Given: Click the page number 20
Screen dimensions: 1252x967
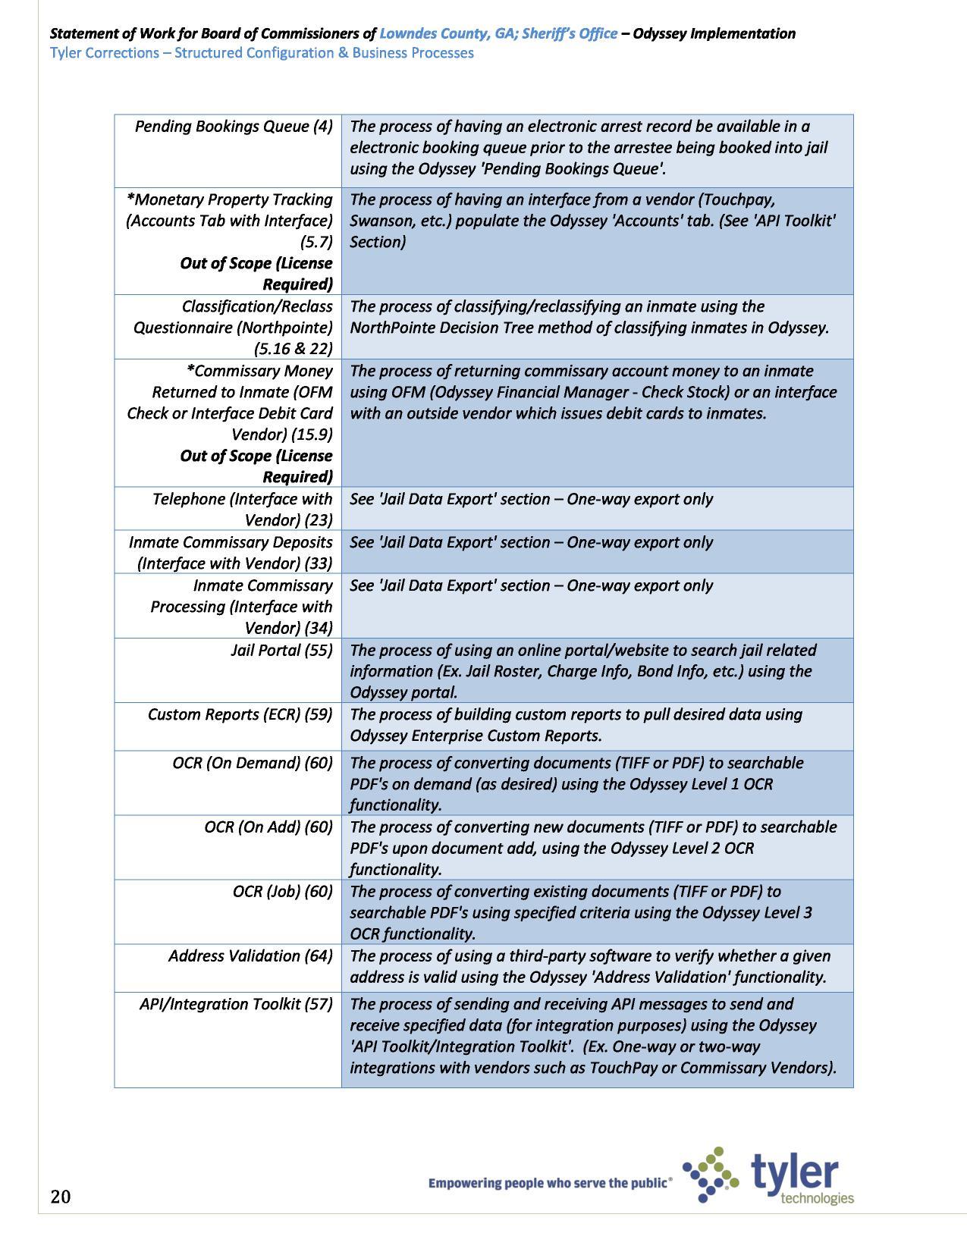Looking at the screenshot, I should point(61,1197).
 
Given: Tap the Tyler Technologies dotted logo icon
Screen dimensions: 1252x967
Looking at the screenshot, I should point(710,1175).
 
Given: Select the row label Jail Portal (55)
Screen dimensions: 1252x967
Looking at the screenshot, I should point(281,650).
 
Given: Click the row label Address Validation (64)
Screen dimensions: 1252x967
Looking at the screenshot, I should point(250,955).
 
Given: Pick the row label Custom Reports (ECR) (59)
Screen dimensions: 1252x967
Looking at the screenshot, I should point(240,714).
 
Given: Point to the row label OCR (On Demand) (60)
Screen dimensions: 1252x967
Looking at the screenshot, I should point(253,763).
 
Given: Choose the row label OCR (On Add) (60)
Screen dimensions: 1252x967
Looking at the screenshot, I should point(268,827).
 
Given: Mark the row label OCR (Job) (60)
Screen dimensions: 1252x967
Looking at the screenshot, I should point(283,891).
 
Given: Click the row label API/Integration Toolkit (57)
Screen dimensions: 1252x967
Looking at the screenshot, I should point(236,1004).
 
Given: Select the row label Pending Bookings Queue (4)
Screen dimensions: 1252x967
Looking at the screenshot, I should point(234,126).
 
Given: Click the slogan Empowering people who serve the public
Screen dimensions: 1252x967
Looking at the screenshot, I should point(549,1183).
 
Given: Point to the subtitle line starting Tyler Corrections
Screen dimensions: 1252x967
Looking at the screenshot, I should point(262,53).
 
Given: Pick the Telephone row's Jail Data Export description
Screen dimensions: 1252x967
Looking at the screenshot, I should point(531,499).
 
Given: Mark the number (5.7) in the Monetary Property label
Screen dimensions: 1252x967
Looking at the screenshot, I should point(316,242).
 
